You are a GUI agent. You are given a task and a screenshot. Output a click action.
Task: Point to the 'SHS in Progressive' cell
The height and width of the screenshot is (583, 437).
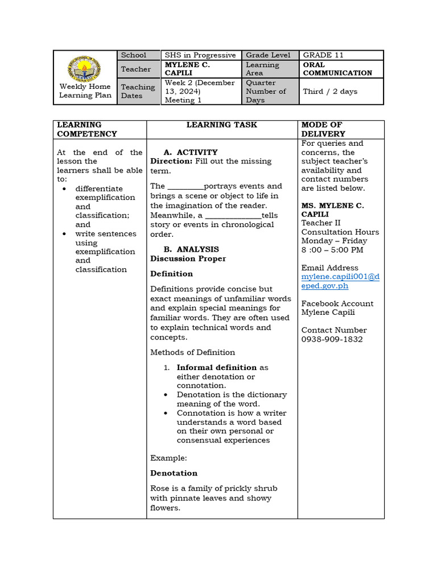[x=200, y=55]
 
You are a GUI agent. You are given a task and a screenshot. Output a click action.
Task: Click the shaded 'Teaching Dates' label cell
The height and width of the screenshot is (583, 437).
[x=138, y=91]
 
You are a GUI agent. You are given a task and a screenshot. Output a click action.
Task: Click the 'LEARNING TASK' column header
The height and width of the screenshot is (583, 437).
[x=222, y=125]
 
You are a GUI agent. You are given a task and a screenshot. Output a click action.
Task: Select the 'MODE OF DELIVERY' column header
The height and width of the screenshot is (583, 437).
[x=323, y=129]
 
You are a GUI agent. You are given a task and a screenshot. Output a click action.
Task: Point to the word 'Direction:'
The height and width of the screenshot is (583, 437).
[x=171, y=161]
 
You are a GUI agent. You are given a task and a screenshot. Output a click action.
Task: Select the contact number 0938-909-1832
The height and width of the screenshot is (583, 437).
[x=332, y=339]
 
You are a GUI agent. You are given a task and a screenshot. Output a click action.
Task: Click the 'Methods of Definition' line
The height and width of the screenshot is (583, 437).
[x=192, y=352]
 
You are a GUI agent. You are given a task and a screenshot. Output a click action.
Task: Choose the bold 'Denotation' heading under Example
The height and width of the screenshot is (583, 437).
[x=174, y=473]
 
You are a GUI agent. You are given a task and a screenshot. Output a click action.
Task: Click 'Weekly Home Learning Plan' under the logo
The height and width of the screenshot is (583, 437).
[x=85, y=91]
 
